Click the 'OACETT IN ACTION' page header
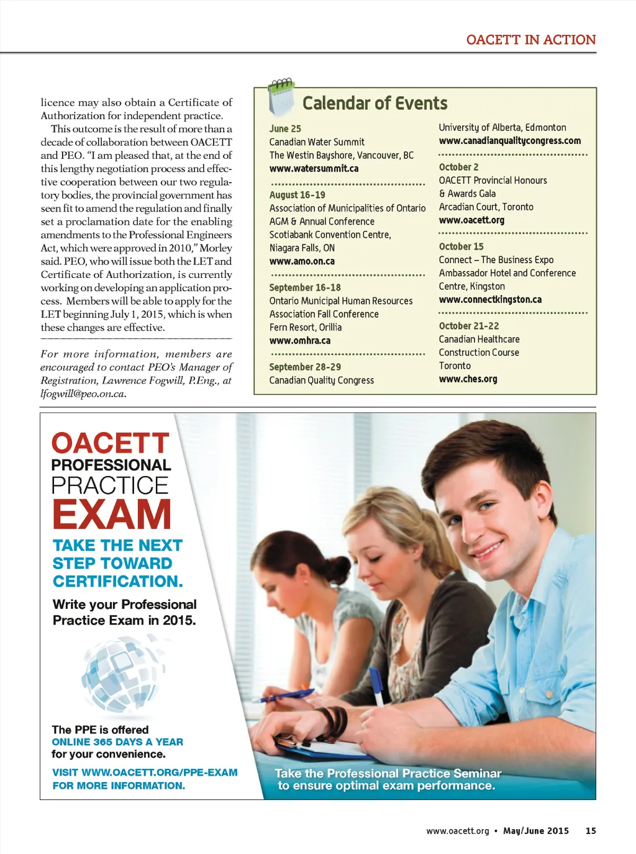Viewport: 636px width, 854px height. click(x=530, y=40)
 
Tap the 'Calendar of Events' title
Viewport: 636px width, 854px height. click(x=375, y=103)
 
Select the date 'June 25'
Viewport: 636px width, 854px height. click(x=285, y=128)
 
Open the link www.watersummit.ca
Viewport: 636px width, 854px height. click(x=314, y=169)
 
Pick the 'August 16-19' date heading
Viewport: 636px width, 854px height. click(x=297, y=195)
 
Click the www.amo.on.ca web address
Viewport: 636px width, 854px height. click(x=302, y=261)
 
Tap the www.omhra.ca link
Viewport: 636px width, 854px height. click(x=299, y=341)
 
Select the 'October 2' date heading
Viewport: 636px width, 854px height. click(x=458, y=167)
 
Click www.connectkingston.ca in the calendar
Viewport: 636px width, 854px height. click(x=490, y=300)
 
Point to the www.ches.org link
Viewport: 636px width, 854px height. click(x=468, y=379)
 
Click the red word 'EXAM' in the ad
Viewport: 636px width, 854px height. click(x=111, y=515)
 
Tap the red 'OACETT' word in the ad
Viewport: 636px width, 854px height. click(x=110, y=444)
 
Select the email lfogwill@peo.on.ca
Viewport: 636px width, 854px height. click(x=83, y=393)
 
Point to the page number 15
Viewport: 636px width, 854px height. click(x=591, y=831)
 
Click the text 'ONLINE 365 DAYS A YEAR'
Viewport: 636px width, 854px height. click(x=117, y=742)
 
